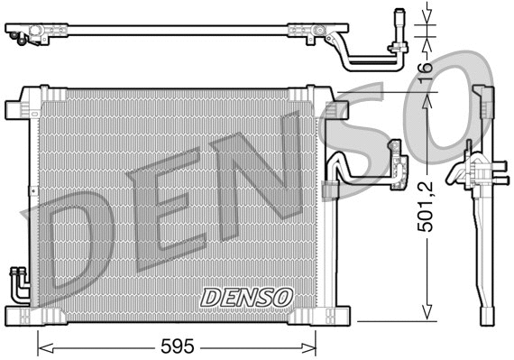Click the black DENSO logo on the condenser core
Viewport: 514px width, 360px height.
click(x=246, y=297)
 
